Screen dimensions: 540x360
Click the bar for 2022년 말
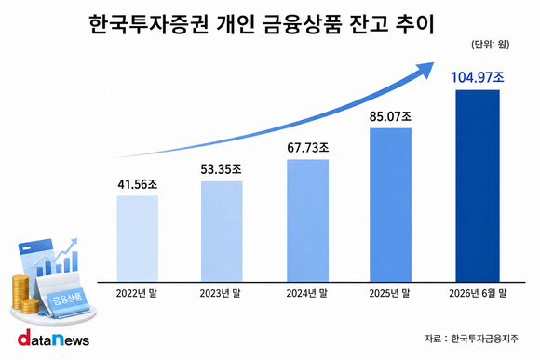138,238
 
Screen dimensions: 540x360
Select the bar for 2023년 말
222,232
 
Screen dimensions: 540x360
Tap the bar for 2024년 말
307,220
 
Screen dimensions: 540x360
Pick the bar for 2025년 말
390,205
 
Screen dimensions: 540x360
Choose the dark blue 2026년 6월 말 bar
478,186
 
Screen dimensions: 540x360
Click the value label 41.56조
138,184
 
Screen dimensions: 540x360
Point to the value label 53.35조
221,169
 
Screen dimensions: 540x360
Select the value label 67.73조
308,148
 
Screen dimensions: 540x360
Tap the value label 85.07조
390,116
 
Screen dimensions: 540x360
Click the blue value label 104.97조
478,77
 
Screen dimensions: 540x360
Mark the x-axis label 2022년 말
136,294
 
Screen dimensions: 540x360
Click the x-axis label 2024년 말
306,294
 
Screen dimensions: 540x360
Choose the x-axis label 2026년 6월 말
478,294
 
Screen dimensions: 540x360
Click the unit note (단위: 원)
490,45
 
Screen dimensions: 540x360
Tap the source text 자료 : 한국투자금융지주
471,339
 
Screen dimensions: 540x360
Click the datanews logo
53,338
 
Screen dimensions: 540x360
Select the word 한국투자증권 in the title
148,24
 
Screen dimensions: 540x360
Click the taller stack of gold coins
20,292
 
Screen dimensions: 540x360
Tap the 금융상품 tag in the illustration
67,299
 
